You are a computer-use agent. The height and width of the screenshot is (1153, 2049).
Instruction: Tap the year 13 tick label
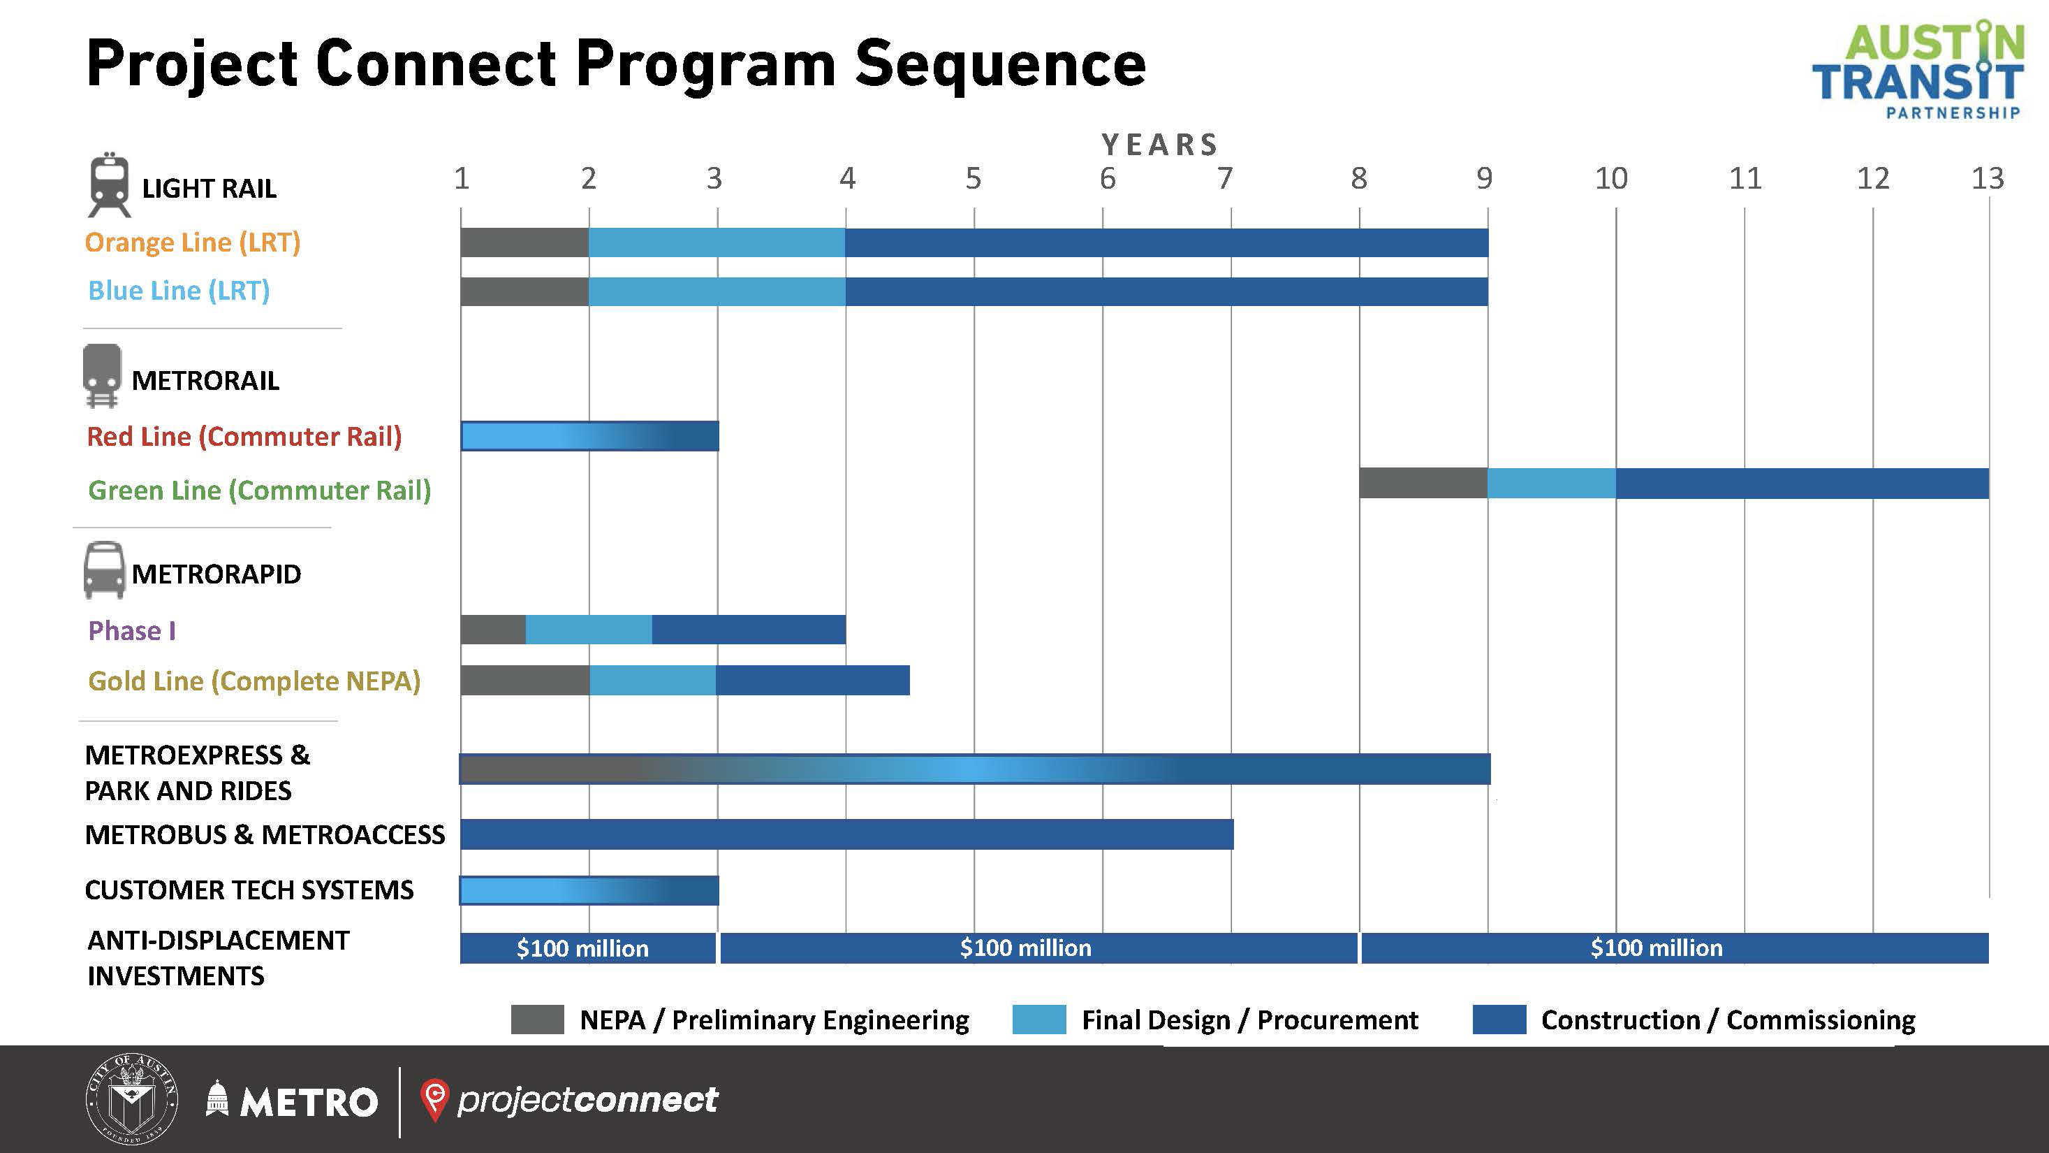pos(1987,178)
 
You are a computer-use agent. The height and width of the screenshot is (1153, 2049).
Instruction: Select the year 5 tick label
pos(974,178)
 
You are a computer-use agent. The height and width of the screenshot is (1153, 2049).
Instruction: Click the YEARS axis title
pos(1161,145)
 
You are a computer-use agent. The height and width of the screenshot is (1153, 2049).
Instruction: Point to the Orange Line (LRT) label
pos(193,242)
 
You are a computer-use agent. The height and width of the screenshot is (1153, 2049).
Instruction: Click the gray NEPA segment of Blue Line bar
pos(524,291)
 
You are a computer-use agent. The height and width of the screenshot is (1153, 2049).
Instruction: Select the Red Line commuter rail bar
pos(589,436)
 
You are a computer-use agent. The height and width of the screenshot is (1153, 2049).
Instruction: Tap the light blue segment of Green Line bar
pos(1551,483)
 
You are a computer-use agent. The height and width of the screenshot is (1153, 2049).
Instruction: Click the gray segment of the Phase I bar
pos(492,630)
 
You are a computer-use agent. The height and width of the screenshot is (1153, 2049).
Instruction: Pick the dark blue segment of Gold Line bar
pos(812,681)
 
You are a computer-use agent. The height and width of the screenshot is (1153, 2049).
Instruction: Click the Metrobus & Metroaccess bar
pos(846,834)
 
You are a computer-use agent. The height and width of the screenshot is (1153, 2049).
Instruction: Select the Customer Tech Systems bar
pos(589,890)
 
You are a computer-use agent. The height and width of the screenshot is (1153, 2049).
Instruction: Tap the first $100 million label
pos(583,948)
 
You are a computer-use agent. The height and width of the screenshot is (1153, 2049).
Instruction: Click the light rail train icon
pos(109,184)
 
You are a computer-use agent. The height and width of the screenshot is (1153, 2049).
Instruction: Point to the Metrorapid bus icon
pos(104,570)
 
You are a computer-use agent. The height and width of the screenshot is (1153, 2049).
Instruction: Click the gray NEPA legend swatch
pos(537,1020)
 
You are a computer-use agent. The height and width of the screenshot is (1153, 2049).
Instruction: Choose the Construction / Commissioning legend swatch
pos(1499,1020)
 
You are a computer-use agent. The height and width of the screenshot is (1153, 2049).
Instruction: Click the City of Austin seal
pos(131,1100)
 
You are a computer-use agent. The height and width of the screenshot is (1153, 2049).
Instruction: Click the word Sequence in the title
pos(1000,64)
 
